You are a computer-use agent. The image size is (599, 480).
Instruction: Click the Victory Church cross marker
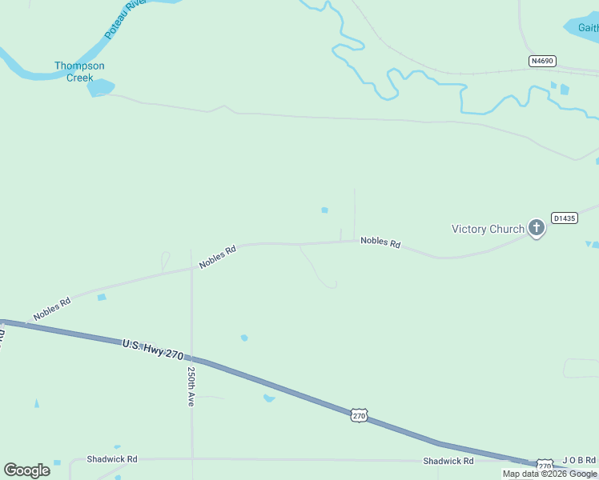point(537,229)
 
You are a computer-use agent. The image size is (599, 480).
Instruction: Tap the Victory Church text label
point(488,229)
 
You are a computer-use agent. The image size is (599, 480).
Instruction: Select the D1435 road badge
point(564,218)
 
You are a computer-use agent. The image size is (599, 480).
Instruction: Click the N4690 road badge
point(542,61)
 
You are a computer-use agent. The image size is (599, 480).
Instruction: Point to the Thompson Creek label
point(79,71)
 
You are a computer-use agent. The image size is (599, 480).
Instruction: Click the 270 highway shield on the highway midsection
point(359,415)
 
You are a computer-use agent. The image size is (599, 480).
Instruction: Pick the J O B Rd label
point(579,460)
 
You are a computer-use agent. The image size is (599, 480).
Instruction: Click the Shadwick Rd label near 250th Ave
point(113,459)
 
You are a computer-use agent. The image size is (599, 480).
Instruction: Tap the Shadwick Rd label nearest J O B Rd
point(448,461)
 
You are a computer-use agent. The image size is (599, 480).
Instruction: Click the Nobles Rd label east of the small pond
point(380,242)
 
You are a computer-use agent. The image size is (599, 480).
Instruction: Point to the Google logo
point(26,470)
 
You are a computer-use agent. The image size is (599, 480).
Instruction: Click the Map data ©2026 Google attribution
point(549,474)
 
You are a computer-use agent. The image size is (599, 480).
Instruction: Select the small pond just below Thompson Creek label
point(101,87)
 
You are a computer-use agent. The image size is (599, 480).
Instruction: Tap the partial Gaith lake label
point(588,27)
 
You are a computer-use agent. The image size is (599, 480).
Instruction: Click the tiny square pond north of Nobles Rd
point(324,210)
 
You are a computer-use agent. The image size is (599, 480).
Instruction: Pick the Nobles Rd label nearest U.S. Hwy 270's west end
point(52,308)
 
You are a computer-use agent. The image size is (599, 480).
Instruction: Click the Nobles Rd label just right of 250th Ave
point(218,257)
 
